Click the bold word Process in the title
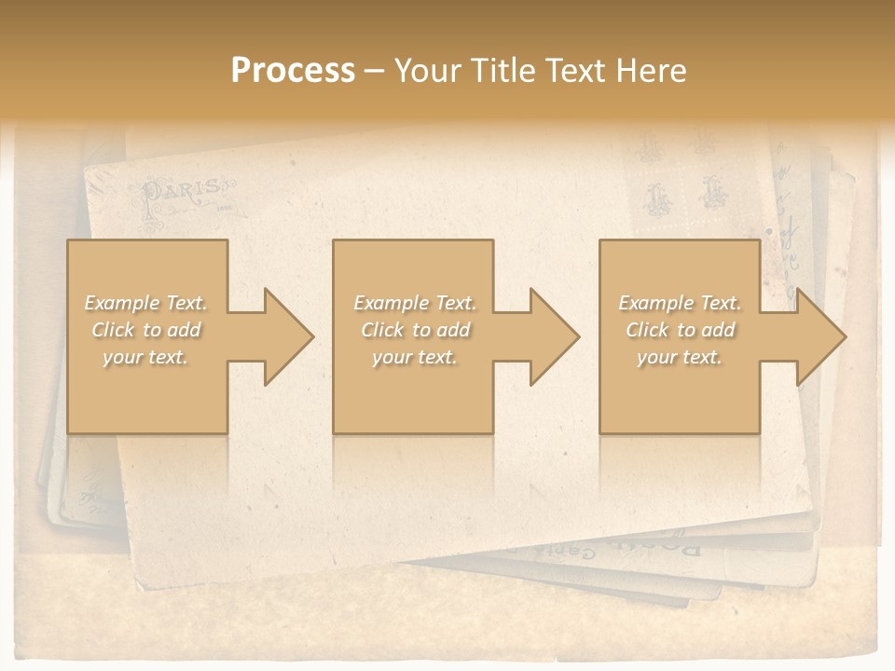(x=293, y=71)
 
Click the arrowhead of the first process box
(x=280, y=336)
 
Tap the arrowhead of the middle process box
(x=545, y=336)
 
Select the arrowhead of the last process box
(x=811, y=336)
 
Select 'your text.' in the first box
(x=145, y=357)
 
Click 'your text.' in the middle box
(x=415, y=357)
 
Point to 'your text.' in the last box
(x=680, y=357)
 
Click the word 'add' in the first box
(x=185, y=330)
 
